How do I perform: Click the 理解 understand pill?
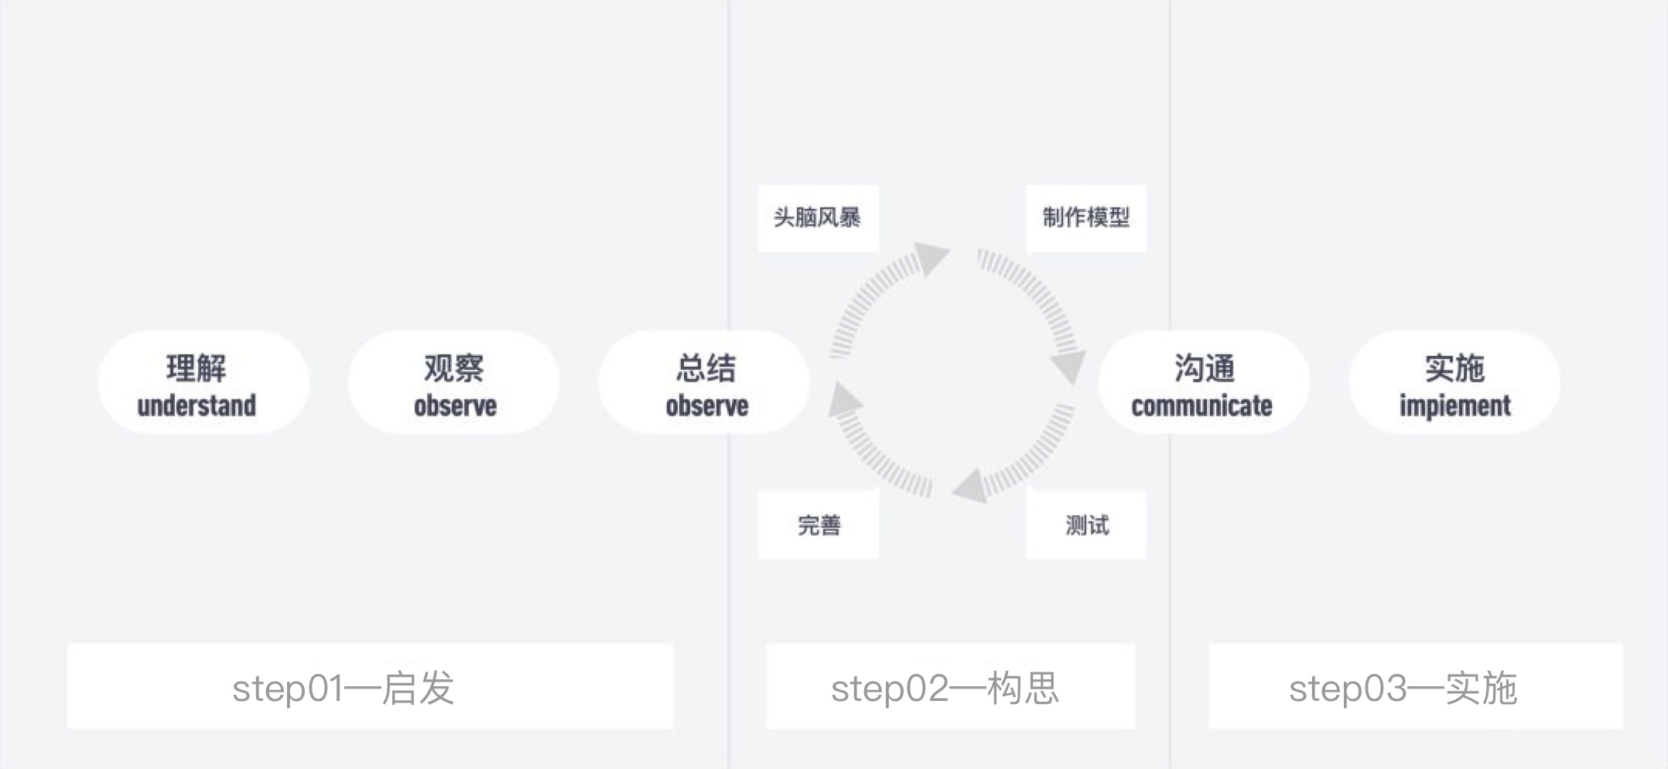click(203, 382)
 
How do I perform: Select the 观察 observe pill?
click(453, 382)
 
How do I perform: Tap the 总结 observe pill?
click(704, 382)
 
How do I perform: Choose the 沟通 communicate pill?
click(1205, 382)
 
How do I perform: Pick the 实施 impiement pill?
click(1454, 382)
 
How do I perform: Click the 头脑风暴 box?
click(818, 218)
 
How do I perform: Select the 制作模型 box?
click(1086, 218)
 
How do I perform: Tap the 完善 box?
click(818, 525)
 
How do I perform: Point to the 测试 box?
click(1086, 525)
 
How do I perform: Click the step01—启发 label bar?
click(370, 686)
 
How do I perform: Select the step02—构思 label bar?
click(950, 686)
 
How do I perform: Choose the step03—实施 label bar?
click(1416, 686)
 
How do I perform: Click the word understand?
click(197, 405)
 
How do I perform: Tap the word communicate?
click(1201, 405)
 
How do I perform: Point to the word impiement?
click(1454, 406)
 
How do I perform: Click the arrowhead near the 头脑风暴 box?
click(931, 258)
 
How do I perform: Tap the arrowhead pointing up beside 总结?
click(846, 399)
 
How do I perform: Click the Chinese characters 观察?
click(454, 368)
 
